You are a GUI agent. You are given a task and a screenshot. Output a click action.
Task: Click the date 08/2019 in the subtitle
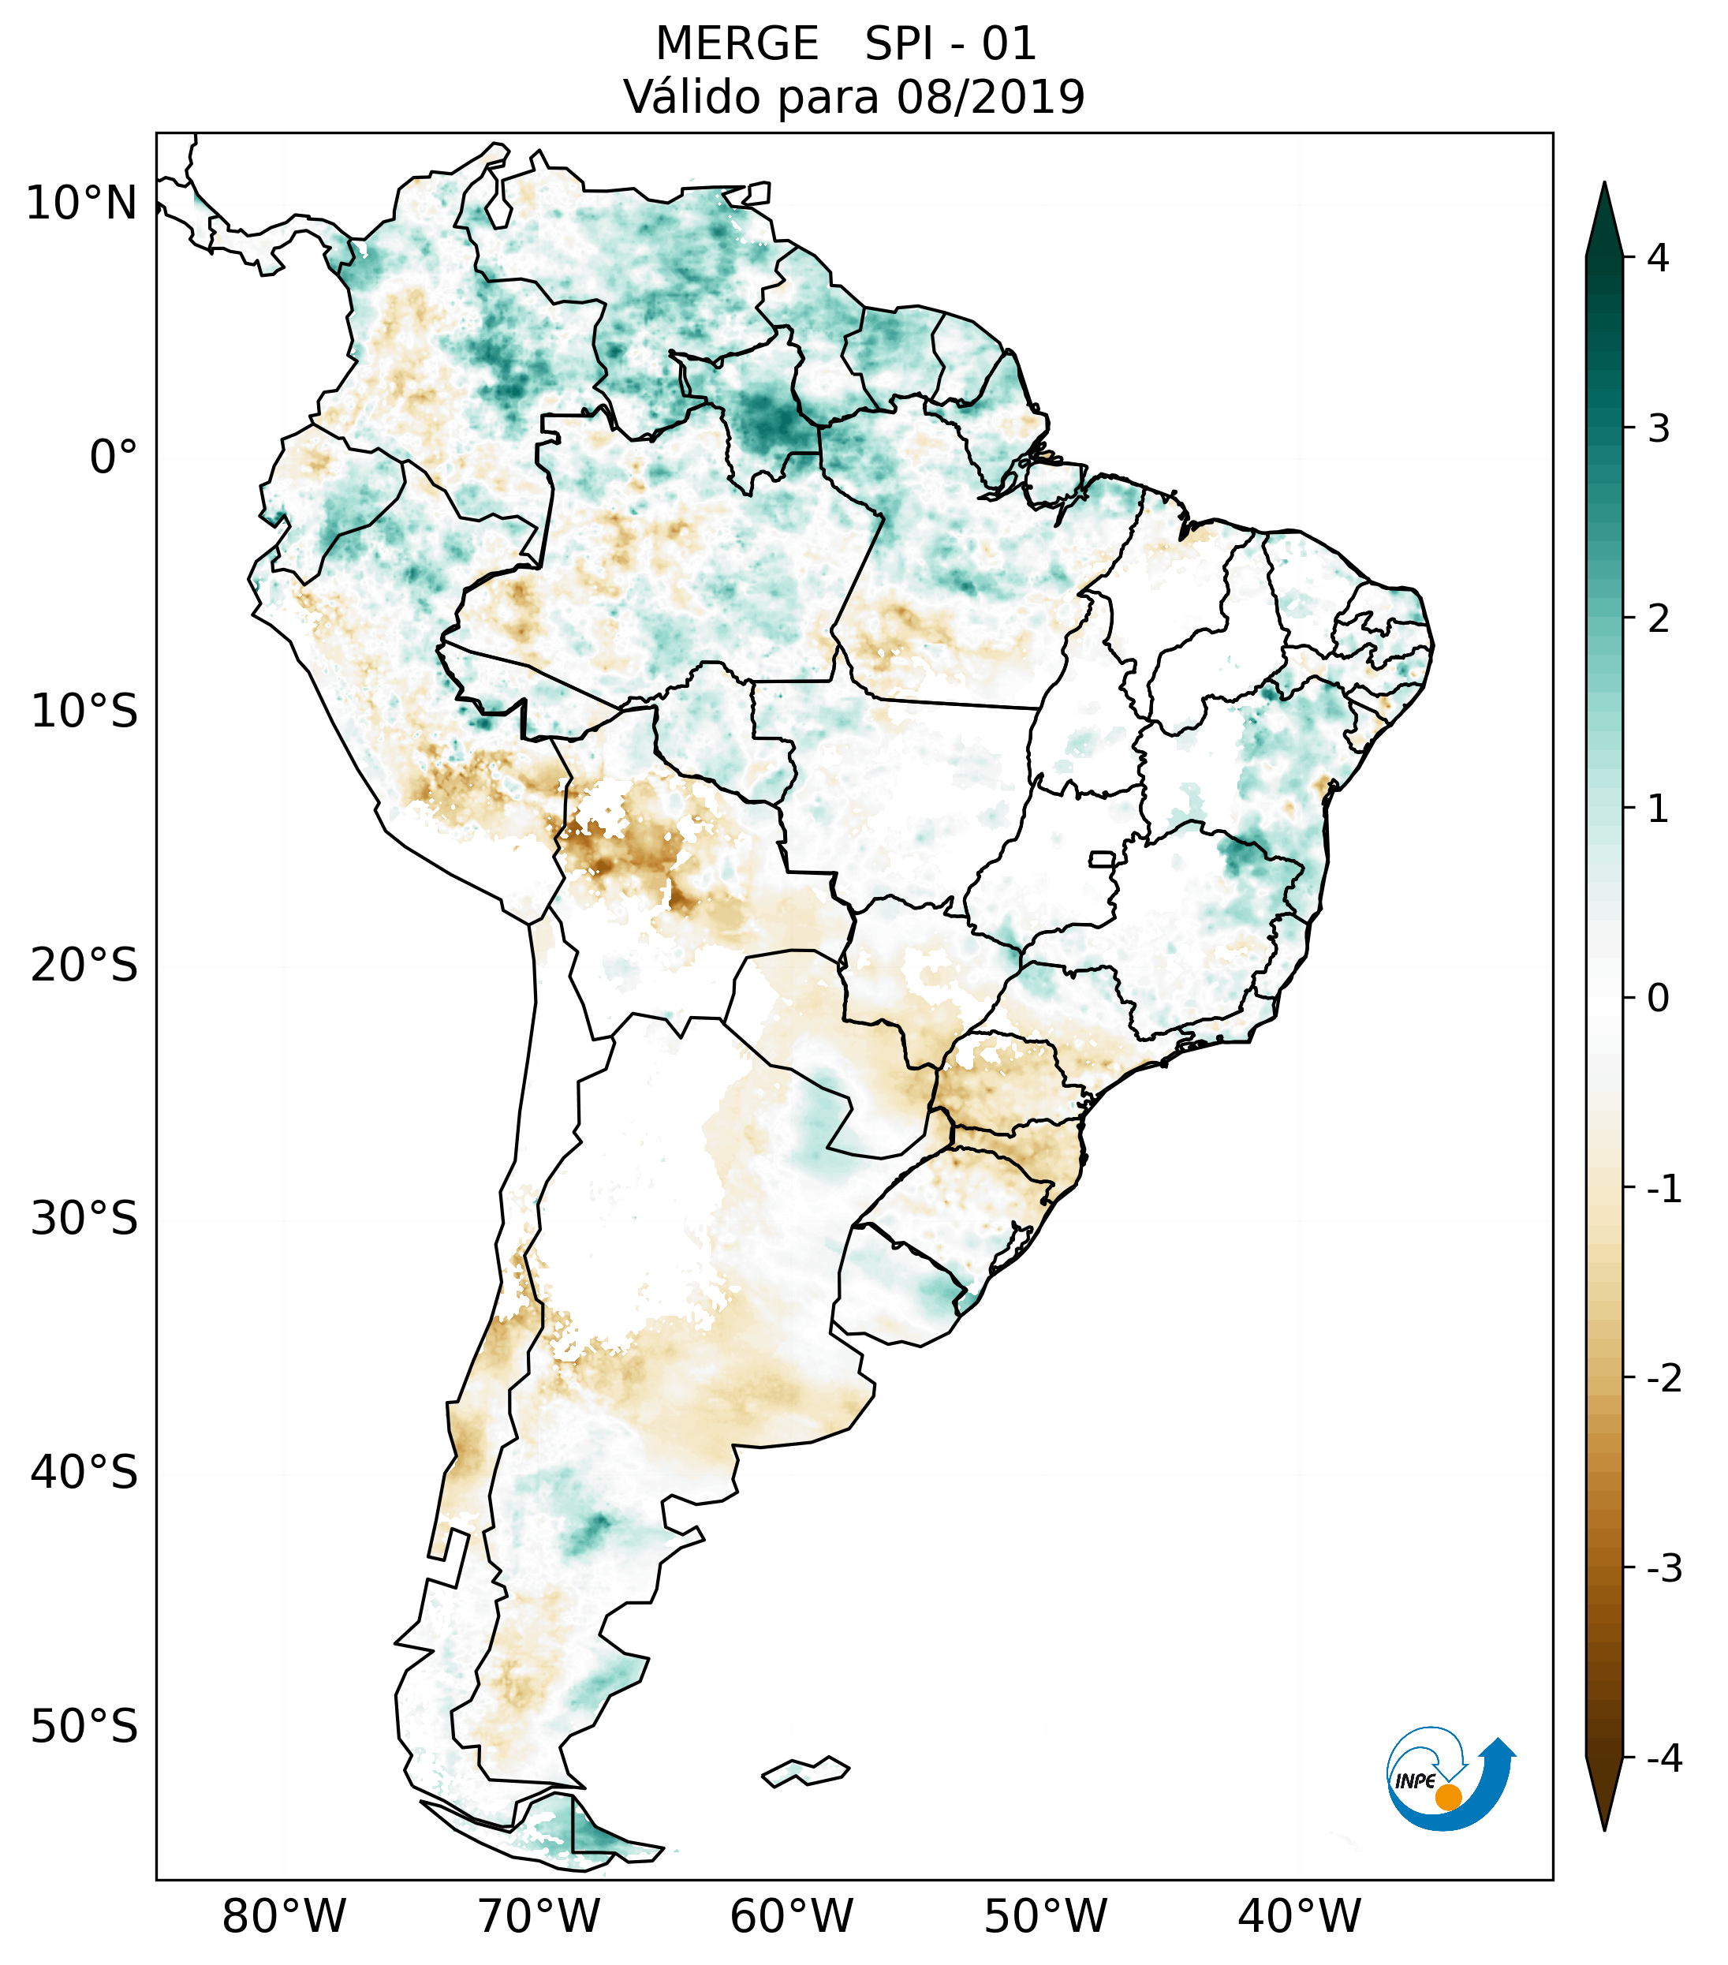point(990,97)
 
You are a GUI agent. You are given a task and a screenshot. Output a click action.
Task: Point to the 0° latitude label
point(113,458)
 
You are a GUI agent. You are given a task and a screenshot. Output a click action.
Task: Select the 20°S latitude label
point(84,966)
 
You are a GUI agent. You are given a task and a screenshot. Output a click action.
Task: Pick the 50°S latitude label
point(84,1727)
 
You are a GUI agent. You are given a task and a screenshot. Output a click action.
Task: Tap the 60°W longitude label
point(791,1917)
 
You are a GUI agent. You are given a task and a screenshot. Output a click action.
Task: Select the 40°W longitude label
point(1298,1917)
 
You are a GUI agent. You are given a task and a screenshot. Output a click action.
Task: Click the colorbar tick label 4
point(1658,258)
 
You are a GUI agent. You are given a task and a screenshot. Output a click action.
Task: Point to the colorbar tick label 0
point(1658,998)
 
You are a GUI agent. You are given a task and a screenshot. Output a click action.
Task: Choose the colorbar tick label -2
point(1663,1379)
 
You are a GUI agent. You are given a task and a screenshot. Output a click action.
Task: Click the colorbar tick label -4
point(1663,1759)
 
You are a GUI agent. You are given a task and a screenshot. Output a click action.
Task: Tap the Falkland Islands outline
point(805,1771)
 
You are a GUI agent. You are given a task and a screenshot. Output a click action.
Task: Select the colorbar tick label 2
point(1658,618)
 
